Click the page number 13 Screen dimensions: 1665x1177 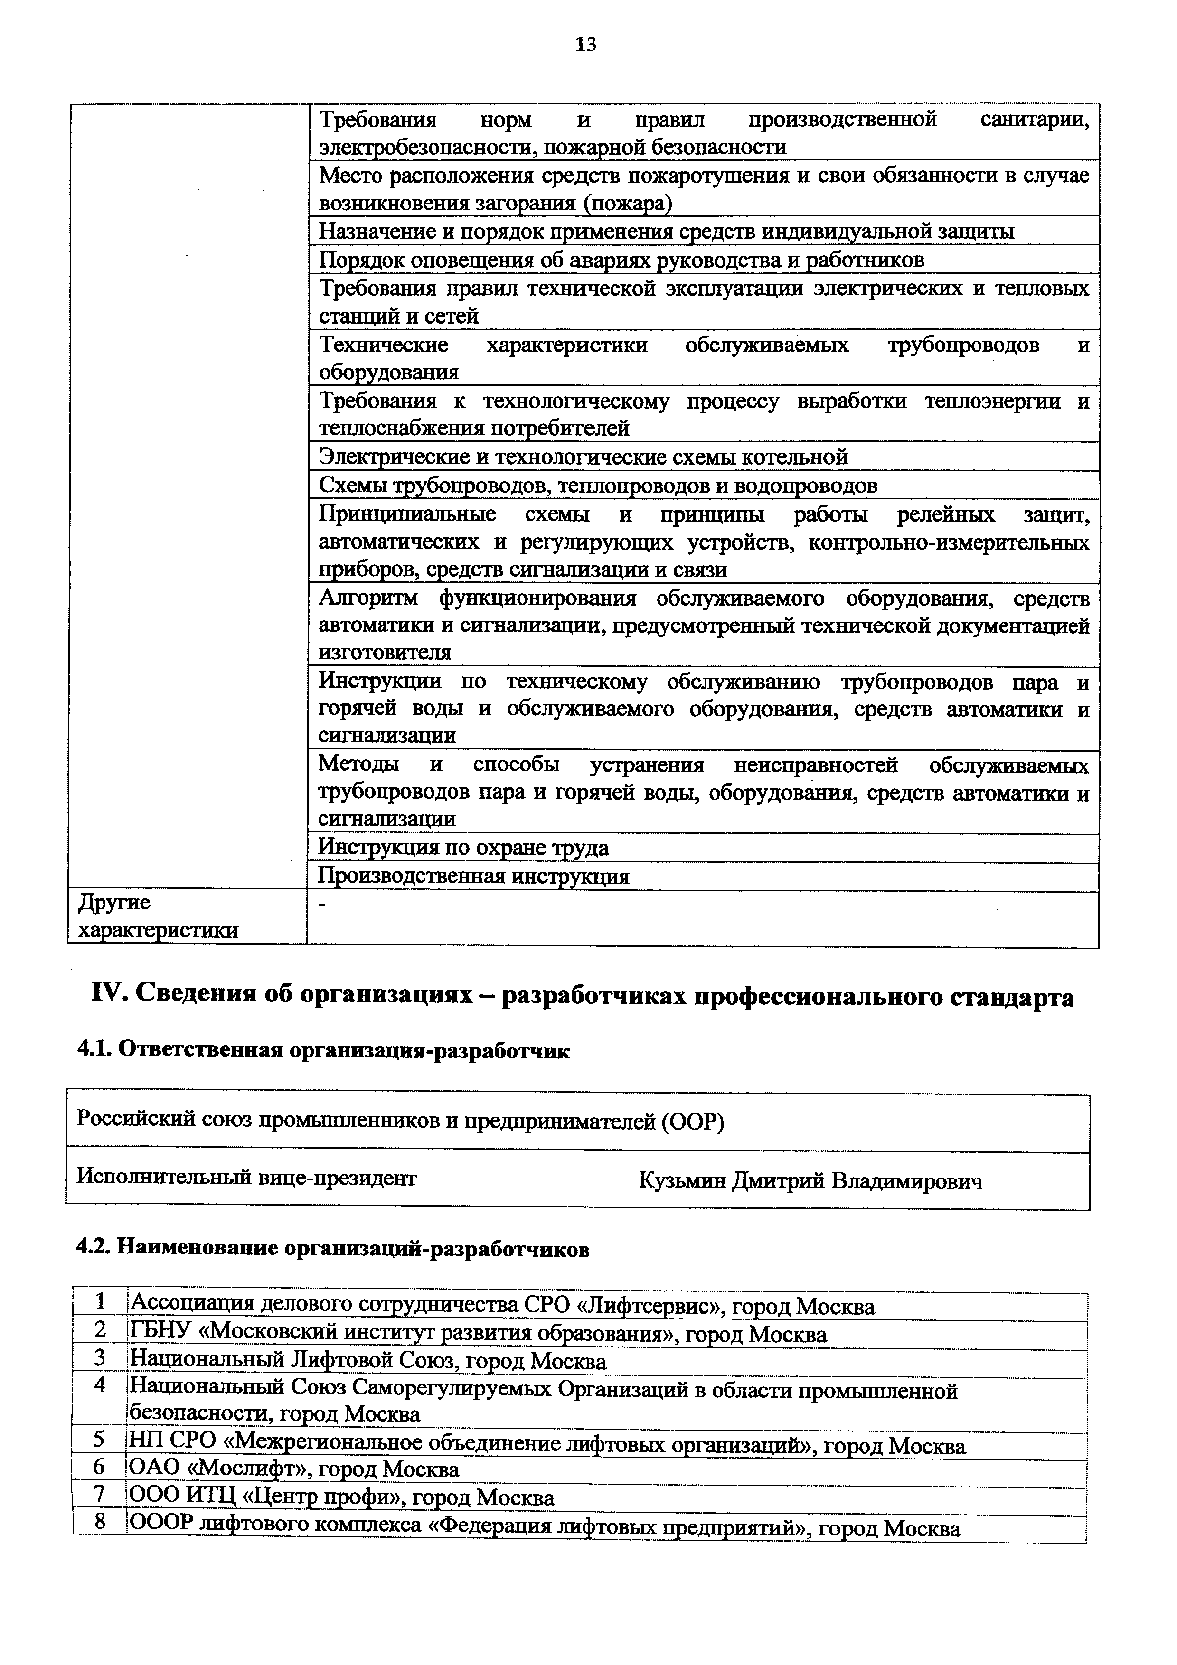pos(585,45)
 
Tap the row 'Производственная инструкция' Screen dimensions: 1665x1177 pos(473,877)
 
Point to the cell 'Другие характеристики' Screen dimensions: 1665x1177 pos(158,917)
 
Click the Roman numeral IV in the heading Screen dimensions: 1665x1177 pos(108,996)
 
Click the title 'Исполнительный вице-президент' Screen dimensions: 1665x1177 pos(246,1177)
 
